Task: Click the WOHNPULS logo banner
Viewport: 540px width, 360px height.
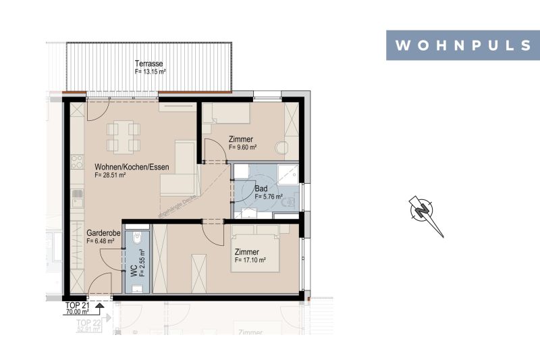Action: coord(462,45)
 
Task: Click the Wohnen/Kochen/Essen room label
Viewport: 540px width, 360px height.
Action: coord(132,167)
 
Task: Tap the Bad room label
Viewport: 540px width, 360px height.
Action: coord(261,189)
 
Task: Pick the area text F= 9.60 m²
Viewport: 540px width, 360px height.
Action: coord(243,147)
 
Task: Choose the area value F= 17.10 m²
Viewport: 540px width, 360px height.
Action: coord(250,260)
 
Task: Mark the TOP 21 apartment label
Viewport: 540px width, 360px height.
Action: coord(77,305)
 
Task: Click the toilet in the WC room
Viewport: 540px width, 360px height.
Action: coord(138,240)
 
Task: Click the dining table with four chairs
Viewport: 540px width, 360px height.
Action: coord(123,136)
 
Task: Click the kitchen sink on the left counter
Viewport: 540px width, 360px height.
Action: coord(78,198)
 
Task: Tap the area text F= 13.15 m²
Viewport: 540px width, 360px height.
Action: coord(151,71)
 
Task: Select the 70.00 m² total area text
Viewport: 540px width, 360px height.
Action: coord(78,313)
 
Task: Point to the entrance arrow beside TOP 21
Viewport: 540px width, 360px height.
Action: coord(100,308)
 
